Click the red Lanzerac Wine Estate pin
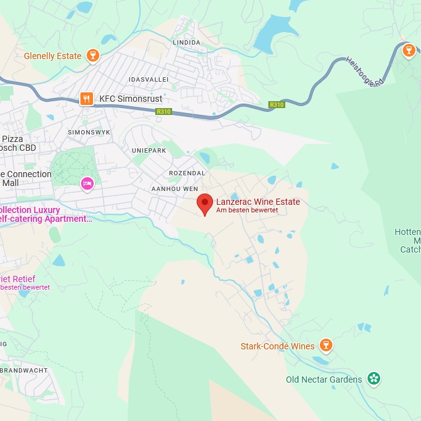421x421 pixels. tap(204, 204)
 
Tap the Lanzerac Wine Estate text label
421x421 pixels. tap(258, 202)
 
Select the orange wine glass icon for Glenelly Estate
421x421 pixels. tap(93, 56)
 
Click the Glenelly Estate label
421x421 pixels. tap(53, 56)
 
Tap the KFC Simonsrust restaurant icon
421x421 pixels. tap(87, 99)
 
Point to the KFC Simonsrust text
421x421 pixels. tap(131, 99)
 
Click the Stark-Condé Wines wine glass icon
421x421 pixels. tap(325, 346)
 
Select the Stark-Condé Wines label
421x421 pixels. tap(278, 346)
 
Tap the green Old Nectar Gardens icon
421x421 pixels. tap(375, 379)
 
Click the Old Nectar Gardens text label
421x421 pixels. tap(324, 380)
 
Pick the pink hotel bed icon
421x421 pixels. tap(87, 183)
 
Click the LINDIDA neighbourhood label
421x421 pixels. tap(186, 43)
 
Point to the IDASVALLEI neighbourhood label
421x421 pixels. tap(148, 80)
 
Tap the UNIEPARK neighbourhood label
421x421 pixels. tap(149, 151)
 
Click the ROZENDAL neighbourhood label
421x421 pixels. tap(187, 173)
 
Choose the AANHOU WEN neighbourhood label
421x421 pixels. tap(175, 189)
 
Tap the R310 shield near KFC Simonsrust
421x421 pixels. tap(163, 111)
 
